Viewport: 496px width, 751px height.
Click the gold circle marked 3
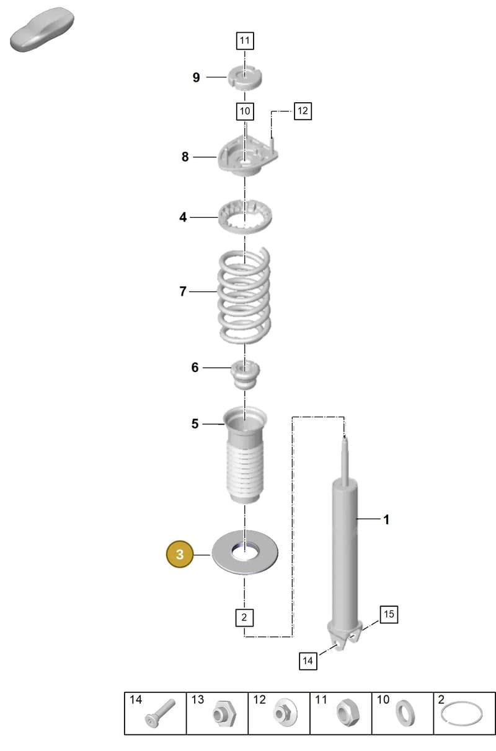tap(180, 554)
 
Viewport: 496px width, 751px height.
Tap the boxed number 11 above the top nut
tap(245, 41)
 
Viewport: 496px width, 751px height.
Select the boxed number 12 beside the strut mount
tap(303, 111)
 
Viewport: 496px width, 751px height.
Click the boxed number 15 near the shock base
tap(389, 614)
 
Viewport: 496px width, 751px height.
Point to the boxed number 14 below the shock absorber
tap(308, 661)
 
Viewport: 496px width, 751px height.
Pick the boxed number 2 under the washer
tap(244, 617)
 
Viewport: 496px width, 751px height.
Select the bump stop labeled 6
tap(245, 374)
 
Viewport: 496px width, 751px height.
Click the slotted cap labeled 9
tap(245, 78)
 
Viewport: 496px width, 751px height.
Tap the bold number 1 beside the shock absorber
tap(386, 519)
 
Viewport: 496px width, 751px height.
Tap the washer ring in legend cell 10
tap(405, 713)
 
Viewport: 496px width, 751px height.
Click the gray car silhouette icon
tap(42, 30)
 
